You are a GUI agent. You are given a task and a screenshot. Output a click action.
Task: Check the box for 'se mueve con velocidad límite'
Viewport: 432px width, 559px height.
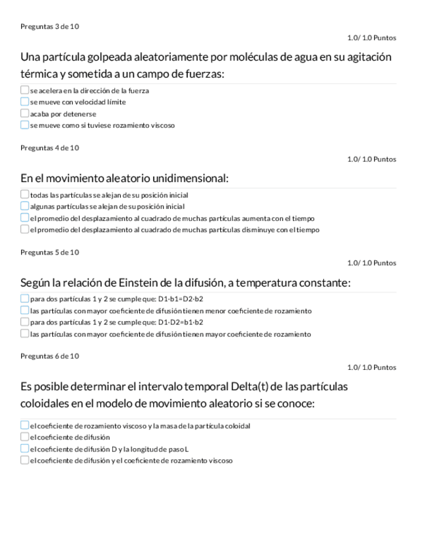click(x=24, y=102)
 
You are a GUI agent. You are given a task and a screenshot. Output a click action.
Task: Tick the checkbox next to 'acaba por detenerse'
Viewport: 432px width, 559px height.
click(x=24, y=113)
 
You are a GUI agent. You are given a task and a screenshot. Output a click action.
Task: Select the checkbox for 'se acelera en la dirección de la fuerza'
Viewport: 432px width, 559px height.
click(x=24, y=90)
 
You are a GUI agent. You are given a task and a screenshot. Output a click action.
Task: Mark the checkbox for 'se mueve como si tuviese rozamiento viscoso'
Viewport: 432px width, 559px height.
click(x=24, y=125)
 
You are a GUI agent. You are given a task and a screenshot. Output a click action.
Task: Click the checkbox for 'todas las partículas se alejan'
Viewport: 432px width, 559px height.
click(x=24, y=195)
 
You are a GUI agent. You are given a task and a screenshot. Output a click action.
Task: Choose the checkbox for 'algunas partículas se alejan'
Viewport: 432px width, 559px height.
click(x=24, y=206)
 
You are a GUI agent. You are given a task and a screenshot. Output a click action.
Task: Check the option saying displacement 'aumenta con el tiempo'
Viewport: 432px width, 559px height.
click(x=24, y=218)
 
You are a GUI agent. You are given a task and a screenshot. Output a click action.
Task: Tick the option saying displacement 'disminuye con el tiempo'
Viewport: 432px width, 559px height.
click(x=24, y=229)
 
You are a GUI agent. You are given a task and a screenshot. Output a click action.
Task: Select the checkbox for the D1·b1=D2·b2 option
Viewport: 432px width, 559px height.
click(x=24, y=299)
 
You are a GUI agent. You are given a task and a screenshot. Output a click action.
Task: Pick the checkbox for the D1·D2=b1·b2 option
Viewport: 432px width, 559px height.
click(x=24, y=322)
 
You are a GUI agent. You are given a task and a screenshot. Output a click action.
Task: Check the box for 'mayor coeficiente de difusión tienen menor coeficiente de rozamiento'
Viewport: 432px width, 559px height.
click(x=24, y=310)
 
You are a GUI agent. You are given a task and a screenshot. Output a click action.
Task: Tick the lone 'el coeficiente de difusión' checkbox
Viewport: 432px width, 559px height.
click(x=24, y=437)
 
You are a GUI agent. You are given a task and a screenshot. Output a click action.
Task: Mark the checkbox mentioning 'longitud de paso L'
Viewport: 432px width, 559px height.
click(x=24, y=449)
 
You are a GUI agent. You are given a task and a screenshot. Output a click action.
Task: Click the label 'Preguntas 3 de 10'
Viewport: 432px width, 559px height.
click(x=49, y=26)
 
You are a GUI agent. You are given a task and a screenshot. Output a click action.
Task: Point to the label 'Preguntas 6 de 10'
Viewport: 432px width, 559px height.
click(x=49, y=356)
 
